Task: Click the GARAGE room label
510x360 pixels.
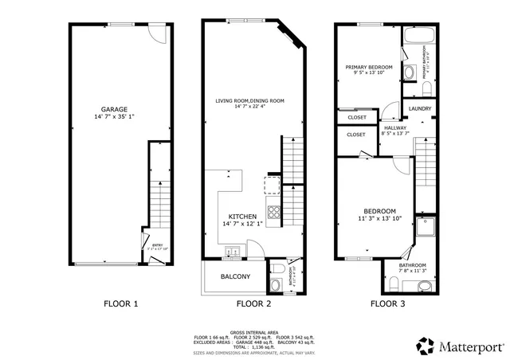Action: [x=115, y=109]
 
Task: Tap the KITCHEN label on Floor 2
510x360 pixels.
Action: [x=242, y=216]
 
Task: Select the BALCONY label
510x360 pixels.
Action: [x=234, y=277]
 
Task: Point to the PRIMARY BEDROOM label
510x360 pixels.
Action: [x=368, y=67]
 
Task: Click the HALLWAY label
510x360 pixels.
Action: [x=394, y=127]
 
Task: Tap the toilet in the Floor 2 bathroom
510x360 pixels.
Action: [x=276, y=283]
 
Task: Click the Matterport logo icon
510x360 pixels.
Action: [x=425, y=346]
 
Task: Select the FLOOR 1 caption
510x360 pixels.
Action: [x=121, y=304]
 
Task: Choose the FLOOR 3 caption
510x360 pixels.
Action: [x=386, y=304]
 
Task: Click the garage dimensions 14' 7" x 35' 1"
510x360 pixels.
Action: [x=115, y=117]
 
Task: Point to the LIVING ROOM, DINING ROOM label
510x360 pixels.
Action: [x=250, y=101]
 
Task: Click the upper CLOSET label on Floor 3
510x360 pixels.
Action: [x=357, y=117]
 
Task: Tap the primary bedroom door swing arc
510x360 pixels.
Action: [x=390, y=111]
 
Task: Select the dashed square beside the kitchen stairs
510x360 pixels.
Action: [x=272, y=186]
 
